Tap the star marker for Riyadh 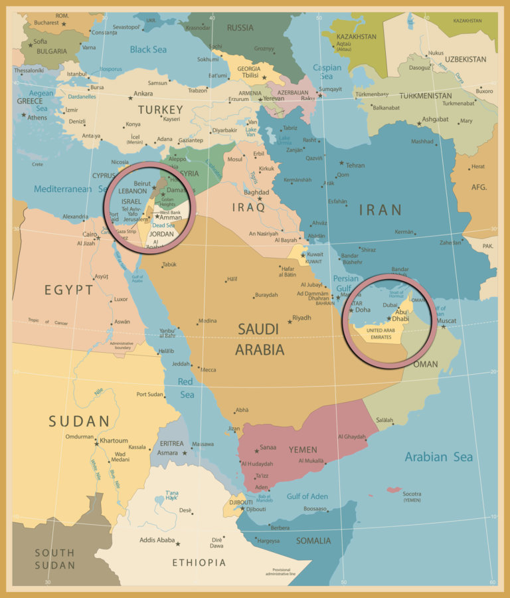coord(290,322)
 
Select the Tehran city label coord(355,165)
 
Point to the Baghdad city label coord(256,193)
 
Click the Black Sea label coord(149,49)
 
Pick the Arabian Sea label coord(439,456)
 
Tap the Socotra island coord(394,490)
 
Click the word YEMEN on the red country coord(303,450)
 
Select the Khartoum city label coord(114,441)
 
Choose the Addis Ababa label coord(157,540)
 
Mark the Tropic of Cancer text coord(48,323)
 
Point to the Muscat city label coord(447,320)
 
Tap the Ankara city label coord(143,94)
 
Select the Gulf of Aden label coord(307,496)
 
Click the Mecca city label coord(208,369)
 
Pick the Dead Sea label coord(163,225)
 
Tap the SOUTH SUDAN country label coord(54,558)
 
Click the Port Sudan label coord(150,394)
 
